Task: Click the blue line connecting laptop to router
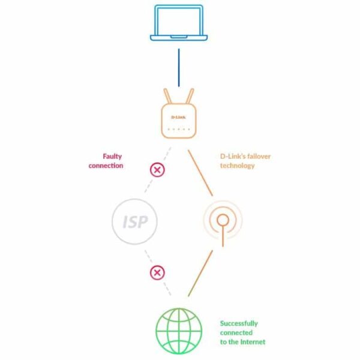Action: coord(179,67)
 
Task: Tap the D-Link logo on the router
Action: coord(178,118)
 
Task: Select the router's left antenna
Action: coord(167,96)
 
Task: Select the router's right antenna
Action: coord(190,96)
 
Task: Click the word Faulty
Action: coord(112,157)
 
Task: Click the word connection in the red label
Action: coord(106,166)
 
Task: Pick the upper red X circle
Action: coord(157,170)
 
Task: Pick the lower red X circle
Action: coord(157,273)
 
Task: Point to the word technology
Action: coord(238,166)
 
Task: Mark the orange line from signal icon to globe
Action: coord(200,273)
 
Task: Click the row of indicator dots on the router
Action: coord(178,130)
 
